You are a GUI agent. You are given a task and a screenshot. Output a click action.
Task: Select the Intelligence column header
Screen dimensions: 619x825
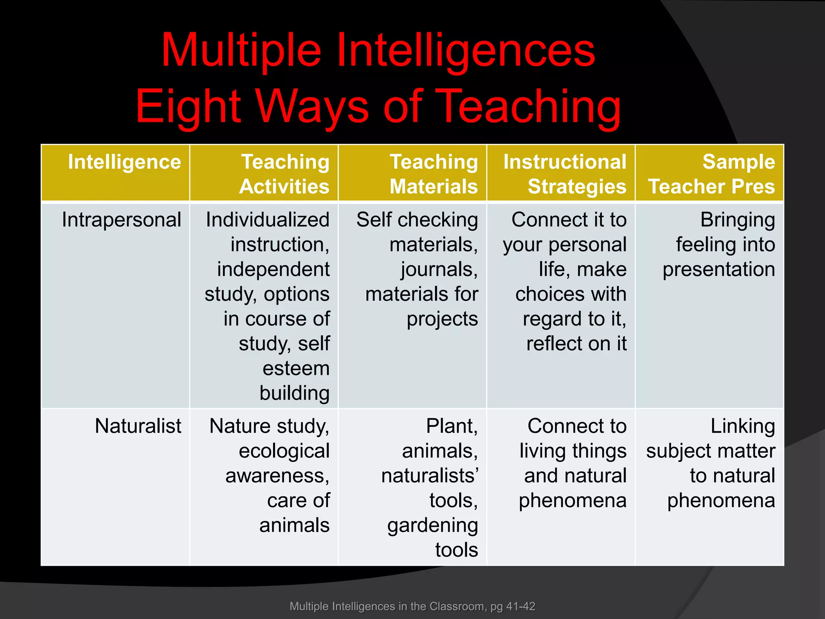click(124, 162)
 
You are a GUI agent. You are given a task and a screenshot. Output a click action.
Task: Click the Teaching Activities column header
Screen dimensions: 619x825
click(284, 174)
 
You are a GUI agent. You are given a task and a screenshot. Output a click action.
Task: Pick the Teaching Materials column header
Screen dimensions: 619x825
click(433, 174)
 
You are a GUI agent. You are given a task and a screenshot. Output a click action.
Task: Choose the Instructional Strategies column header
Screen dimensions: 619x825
click(565, 174)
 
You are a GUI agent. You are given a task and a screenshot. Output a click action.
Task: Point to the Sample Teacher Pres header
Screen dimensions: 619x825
click(711, 174)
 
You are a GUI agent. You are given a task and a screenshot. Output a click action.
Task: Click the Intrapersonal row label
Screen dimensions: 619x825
click(121, 220)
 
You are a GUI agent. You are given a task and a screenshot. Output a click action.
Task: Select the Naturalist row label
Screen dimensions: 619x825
click(138, 426)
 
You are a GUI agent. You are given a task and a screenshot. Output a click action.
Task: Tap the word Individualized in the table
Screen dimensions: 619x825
click(267, 220)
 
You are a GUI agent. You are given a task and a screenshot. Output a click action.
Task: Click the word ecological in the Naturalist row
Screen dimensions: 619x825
click(284, 451)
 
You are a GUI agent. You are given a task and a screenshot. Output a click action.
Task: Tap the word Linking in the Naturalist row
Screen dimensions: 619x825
click(742, 426)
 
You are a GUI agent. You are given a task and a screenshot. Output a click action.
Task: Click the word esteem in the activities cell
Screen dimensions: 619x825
click(296, 368)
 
